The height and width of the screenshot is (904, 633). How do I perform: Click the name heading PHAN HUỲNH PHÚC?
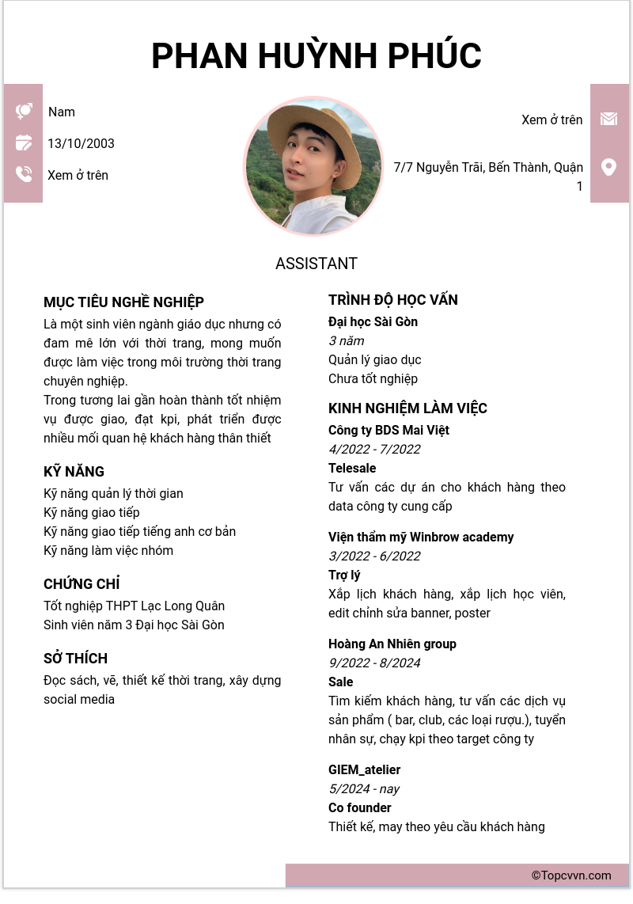pos(316,56)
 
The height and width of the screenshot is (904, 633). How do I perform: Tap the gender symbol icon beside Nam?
pos(24,111)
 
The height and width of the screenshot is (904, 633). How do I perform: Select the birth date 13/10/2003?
pos(81,143)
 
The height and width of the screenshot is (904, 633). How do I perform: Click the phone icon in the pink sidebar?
pos(24,174)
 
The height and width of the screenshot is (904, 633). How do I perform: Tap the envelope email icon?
pos(608,119)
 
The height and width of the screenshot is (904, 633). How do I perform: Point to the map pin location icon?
pos(608,167)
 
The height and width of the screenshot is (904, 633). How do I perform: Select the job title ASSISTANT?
pos(316,264)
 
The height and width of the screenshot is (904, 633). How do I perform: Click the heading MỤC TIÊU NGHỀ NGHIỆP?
pos(123,302)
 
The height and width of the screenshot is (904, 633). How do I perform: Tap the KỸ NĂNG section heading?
pos(74,472)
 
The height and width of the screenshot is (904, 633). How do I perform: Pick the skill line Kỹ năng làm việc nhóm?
pos(108,550)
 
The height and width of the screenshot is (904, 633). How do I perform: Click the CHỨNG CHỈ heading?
pos(81,584)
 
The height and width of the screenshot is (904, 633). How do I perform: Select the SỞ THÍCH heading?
pos(75,659)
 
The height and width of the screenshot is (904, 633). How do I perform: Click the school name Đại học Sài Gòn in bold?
pos(373,321)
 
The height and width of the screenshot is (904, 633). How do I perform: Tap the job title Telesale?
pos(352,468)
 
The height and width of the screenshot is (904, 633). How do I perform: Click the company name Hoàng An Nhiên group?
pos(392,644)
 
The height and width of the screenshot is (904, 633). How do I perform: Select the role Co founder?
pos(360,807)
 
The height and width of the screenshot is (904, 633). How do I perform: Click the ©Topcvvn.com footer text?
pos(571,876)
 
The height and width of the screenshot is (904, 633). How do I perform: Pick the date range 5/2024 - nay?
pos(364,788)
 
